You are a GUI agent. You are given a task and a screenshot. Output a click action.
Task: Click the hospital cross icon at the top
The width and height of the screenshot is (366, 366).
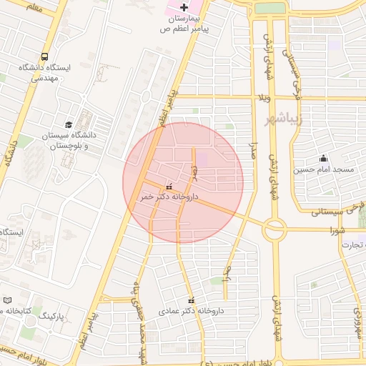184,6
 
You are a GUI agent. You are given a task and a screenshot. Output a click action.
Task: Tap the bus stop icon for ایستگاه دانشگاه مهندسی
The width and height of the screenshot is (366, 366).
45,56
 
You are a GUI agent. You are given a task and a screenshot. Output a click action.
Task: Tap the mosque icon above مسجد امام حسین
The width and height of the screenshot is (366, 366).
324,159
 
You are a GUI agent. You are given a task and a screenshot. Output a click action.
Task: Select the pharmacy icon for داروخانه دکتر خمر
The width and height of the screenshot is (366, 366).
169,186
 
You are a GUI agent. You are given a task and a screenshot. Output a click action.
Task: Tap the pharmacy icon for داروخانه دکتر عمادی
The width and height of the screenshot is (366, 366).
191,300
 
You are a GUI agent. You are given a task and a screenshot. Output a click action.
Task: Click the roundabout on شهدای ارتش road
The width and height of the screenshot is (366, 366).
274,229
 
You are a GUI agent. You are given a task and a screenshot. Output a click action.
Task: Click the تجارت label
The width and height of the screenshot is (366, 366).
353,245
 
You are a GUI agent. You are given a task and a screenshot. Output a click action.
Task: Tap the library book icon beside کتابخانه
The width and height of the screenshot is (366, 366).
8,301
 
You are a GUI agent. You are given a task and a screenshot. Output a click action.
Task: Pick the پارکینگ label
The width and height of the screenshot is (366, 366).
51,315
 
